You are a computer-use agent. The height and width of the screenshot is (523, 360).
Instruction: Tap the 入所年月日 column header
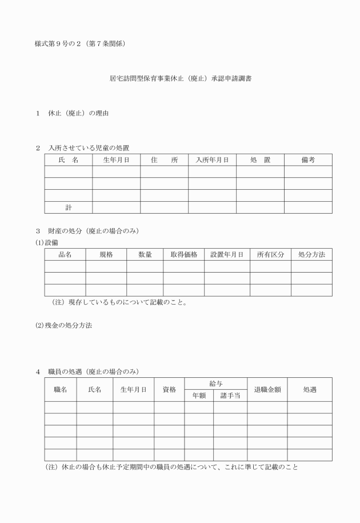[x=212, y=160]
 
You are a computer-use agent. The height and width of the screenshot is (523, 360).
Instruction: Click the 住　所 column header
[x=165, y=160]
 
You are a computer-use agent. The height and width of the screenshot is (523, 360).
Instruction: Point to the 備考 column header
[x=308, y=160]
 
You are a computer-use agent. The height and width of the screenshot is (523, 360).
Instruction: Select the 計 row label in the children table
[x=69, y=207]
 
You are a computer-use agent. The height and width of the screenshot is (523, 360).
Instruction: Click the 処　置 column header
[x=260, y=160]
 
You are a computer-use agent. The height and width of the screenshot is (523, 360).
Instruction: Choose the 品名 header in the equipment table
[x=65, y=254]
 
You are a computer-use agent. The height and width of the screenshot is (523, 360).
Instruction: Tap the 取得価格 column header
[x=183, y=254]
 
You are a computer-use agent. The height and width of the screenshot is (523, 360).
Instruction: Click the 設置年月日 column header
[x=227, y=254]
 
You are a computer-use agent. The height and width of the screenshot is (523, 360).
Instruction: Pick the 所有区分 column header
[x=270, y=254]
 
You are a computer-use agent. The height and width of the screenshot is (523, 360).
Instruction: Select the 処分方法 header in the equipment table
[x=311, y=254]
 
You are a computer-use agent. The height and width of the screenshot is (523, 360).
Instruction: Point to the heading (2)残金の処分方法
[x=64, y=325]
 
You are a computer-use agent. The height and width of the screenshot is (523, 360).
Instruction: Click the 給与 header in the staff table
[x=215, y=384]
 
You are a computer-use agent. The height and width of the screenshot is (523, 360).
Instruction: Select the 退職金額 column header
[x=267, y=389]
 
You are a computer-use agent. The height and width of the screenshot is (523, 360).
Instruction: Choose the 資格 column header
[x=169, y=389]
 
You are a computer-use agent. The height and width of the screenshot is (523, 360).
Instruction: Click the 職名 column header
[x=61, y=389]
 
